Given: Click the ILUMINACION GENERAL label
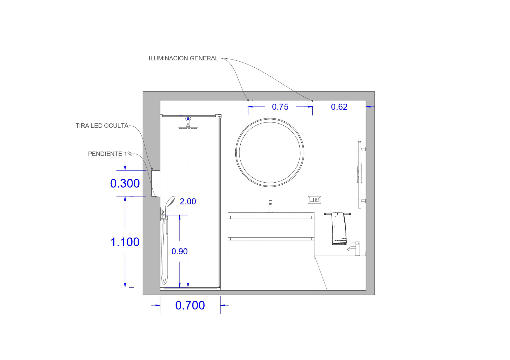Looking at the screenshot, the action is (x=183, y=58).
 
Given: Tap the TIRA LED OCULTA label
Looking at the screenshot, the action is (x=102, y=126).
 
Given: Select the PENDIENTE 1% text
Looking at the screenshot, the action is (x=110, y=154).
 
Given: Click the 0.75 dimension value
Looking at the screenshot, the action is (x=280, y=107).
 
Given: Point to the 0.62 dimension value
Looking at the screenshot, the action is (x=339, y=107).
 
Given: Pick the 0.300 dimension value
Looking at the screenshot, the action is (x=125, y=183).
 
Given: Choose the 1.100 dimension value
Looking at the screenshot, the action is (x=125, y=242).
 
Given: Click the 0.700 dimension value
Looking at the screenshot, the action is (x=190, y=305).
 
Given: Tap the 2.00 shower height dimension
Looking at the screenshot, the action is (x=188, y=201).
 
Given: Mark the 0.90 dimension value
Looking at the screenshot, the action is (x=179, y=251).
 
